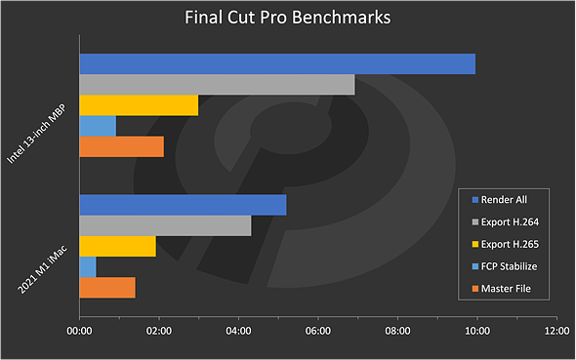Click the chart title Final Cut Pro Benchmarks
point(287,18)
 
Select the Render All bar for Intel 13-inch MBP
point(276,64)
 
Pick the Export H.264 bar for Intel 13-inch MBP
point(216,85)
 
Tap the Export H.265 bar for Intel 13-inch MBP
point(138,105)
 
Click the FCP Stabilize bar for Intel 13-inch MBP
point(97,126)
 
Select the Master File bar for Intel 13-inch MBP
point(121,146)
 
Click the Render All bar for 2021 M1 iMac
point(182,205)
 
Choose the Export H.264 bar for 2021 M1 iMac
point(164,225)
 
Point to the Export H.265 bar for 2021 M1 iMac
point(117,246)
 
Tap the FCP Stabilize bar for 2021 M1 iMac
point(87,266)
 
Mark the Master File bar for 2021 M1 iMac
point(106,287)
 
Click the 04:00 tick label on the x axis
point(237,331)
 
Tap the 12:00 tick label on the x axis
point(555,331)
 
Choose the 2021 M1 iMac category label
point(43,261)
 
